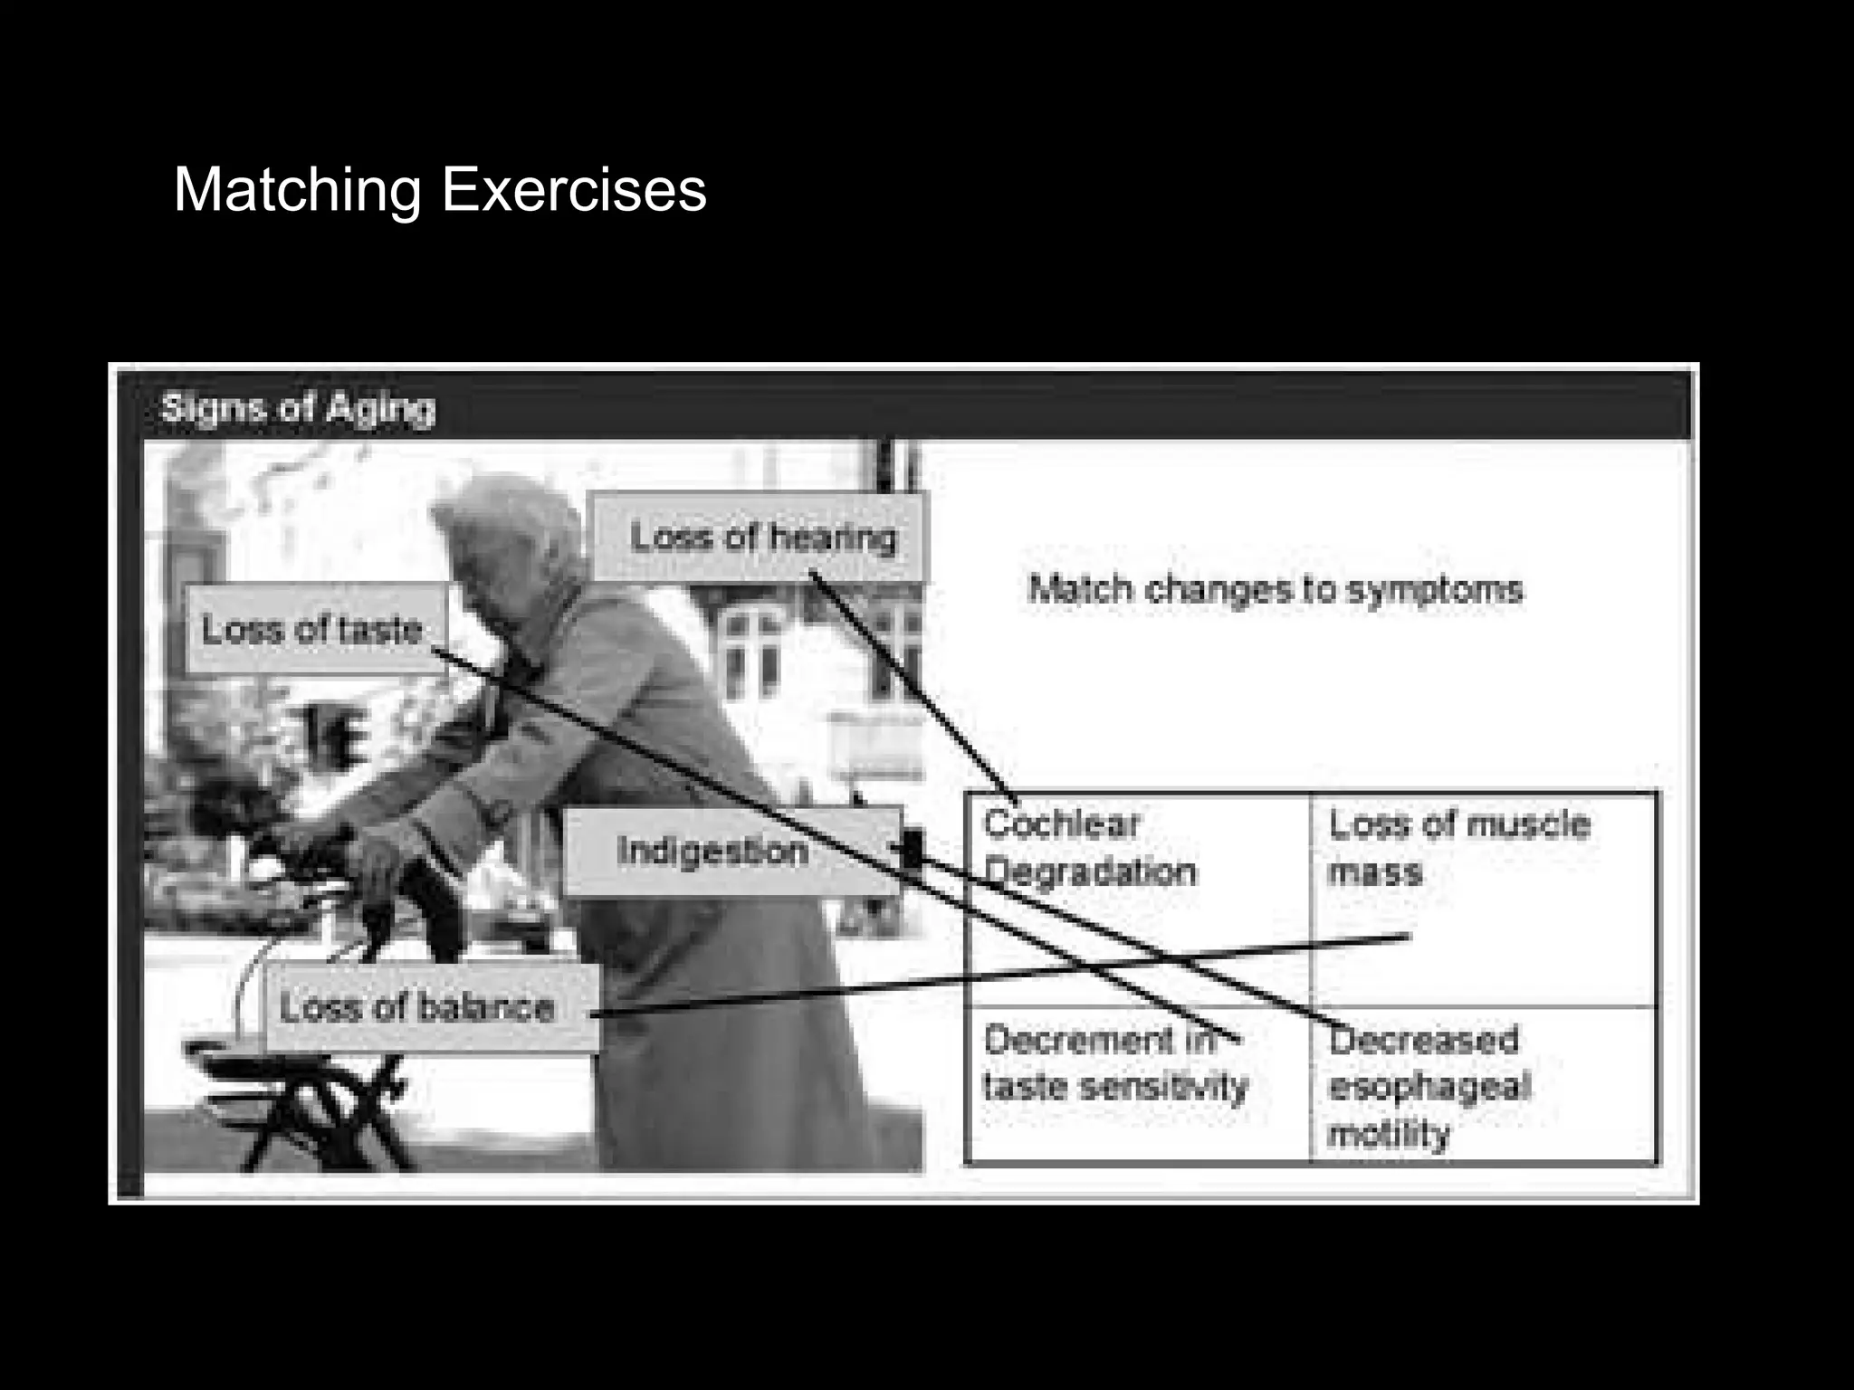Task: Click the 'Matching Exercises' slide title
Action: tap(439, 190)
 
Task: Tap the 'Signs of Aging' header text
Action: tap(298, 408)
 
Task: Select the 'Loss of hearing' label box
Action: tap(759, 538)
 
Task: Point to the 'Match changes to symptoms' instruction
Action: tap(1276, 590)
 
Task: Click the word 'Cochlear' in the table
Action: tap(1061, 824)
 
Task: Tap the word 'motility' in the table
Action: tap(1388, 1133)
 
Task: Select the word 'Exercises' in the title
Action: tap(573, 190)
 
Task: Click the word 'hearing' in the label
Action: tap(833, 538)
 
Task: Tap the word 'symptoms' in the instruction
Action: tap(1434, 590)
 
